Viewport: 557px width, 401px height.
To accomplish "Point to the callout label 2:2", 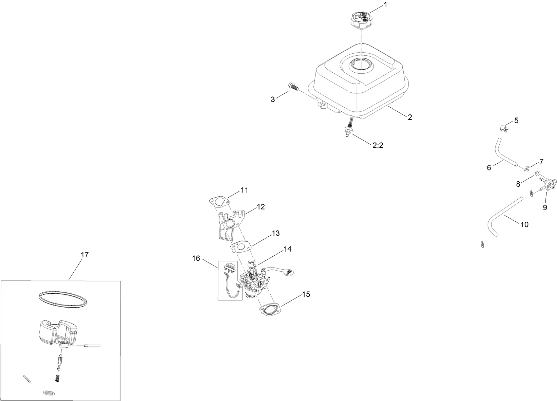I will point(378,145).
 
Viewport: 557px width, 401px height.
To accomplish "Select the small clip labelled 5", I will point(505,128).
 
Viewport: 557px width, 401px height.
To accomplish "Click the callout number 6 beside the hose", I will point(489,167).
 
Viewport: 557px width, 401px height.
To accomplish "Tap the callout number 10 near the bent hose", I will point(524,224).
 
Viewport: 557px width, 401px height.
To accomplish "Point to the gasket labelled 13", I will point(242,246).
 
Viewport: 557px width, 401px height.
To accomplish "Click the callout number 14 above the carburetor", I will point(287,249).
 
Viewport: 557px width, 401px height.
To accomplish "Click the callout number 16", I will point(196,258).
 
